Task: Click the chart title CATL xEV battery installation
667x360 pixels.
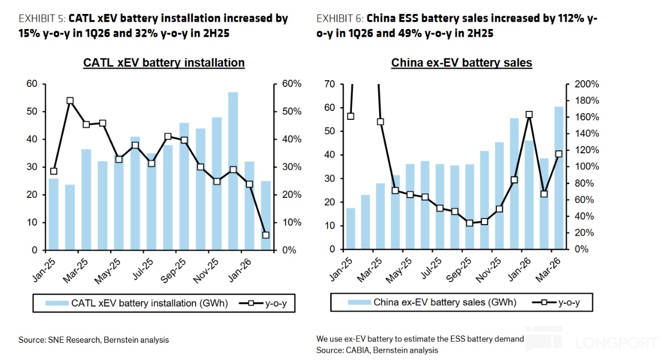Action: pos(163,62)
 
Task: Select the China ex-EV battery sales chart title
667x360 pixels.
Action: pos(461,62)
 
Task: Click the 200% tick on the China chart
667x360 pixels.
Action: pos(586,84)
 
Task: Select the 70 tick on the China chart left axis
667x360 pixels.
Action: pos(330,84)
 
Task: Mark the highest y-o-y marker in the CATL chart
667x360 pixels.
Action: pos(70,101)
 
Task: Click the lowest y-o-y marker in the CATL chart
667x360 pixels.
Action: pos(265,235)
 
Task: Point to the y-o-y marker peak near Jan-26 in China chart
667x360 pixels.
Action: pos(529,115)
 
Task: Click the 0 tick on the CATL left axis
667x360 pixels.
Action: pos(34,250)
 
